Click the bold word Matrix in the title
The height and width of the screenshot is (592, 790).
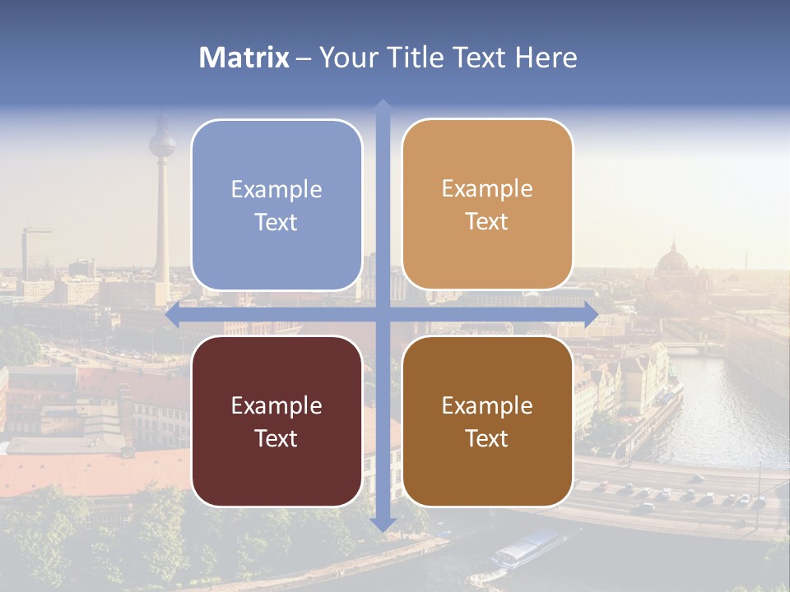tap(244, 58)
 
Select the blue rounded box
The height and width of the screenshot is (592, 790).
tap(276, 205)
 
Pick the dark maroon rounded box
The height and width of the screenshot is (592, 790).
tap(276, 421)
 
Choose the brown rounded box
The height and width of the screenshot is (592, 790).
tap(487, 421)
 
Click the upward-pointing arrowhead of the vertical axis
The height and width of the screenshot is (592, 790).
tap(383, 104)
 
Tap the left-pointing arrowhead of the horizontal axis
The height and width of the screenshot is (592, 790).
tap(172, 315)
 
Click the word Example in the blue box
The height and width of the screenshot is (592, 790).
tap(276, 189)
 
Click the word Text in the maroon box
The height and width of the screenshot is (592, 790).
tap(276, 438)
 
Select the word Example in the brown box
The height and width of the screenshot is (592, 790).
tap(487, 405)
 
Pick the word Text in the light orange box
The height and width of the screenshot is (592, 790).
tap(487, 221)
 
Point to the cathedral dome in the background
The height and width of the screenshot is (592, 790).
tap(673, 261)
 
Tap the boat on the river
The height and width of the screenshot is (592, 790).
tap(527, 548)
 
